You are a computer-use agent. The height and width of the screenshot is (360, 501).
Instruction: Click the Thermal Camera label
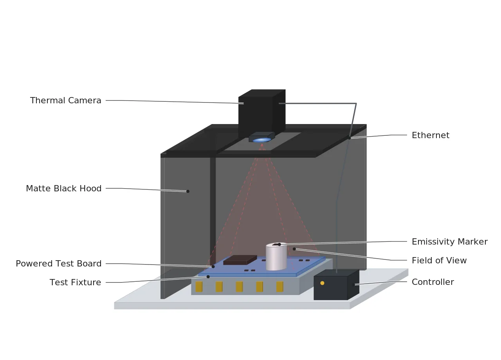[65, 101]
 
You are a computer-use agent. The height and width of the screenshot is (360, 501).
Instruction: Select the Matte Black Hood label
[64, 189]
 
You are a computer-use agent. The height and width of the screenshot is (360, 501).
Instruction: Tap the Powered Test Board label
[59, 264]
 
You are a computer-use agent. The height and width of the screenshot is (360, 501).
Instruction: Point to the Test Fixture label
[75, 283]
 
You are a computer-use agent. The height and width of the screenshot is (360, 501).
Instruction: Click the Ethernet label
[430, 135]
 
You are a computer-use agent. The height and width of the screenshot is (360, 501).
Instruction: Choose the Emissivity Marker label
[450, 242]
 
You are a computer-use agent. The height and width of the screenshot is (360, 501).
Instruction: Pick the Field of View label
[439, 261]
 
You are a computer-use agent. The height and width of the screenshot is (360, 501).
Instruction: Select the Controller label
[433, 282]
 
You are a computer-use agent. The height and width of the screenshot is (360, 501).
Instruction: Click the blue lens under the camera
[262, 140]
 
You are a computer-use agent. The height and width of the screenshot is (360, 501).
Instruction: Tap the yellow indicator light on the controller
[322, 283]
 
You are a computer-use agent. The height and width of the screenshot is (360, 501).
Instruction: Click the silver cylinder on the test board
[276, 256]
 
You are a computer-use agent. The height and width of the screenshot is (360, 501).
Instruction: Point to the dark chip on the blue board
[240, 260]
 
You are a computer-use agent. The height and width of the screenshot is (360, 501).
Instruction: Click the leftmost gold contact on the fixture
[199, 287]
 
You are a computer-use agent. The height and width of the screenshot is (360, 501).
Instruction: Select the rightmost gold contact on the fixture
[280, 287]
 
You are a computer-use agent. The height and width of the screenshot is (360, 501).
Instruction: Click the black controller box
[336, 285]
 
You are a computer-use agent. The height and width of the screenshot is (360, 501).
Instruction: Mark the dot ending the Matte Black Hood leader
[188, 191]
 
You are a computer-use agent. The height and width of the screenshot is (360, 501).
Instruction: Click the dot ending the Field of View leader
[294, 249]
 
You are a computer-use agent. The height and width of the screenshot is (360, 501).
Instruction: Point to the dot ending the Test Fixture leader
[208, 277]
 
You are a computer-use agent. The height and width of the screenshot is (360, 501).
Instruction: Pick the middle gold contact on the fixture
[239, 287]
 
